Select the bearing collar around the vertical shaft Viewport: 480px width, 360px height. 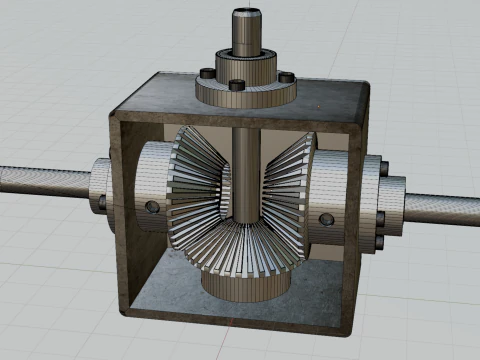tap(245, 66)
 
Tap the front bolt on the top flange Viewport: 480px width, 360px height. tap(236, 85)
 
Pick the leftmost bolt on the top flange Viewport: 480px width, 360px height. tap(205, 74)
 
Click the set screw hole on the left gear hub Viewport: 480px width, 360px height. tap(152, 206)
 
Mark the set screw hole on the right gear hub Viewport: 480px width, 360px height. tap(325, 218)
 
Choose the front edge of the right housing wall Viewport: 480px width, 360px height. tap(357, 230)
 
